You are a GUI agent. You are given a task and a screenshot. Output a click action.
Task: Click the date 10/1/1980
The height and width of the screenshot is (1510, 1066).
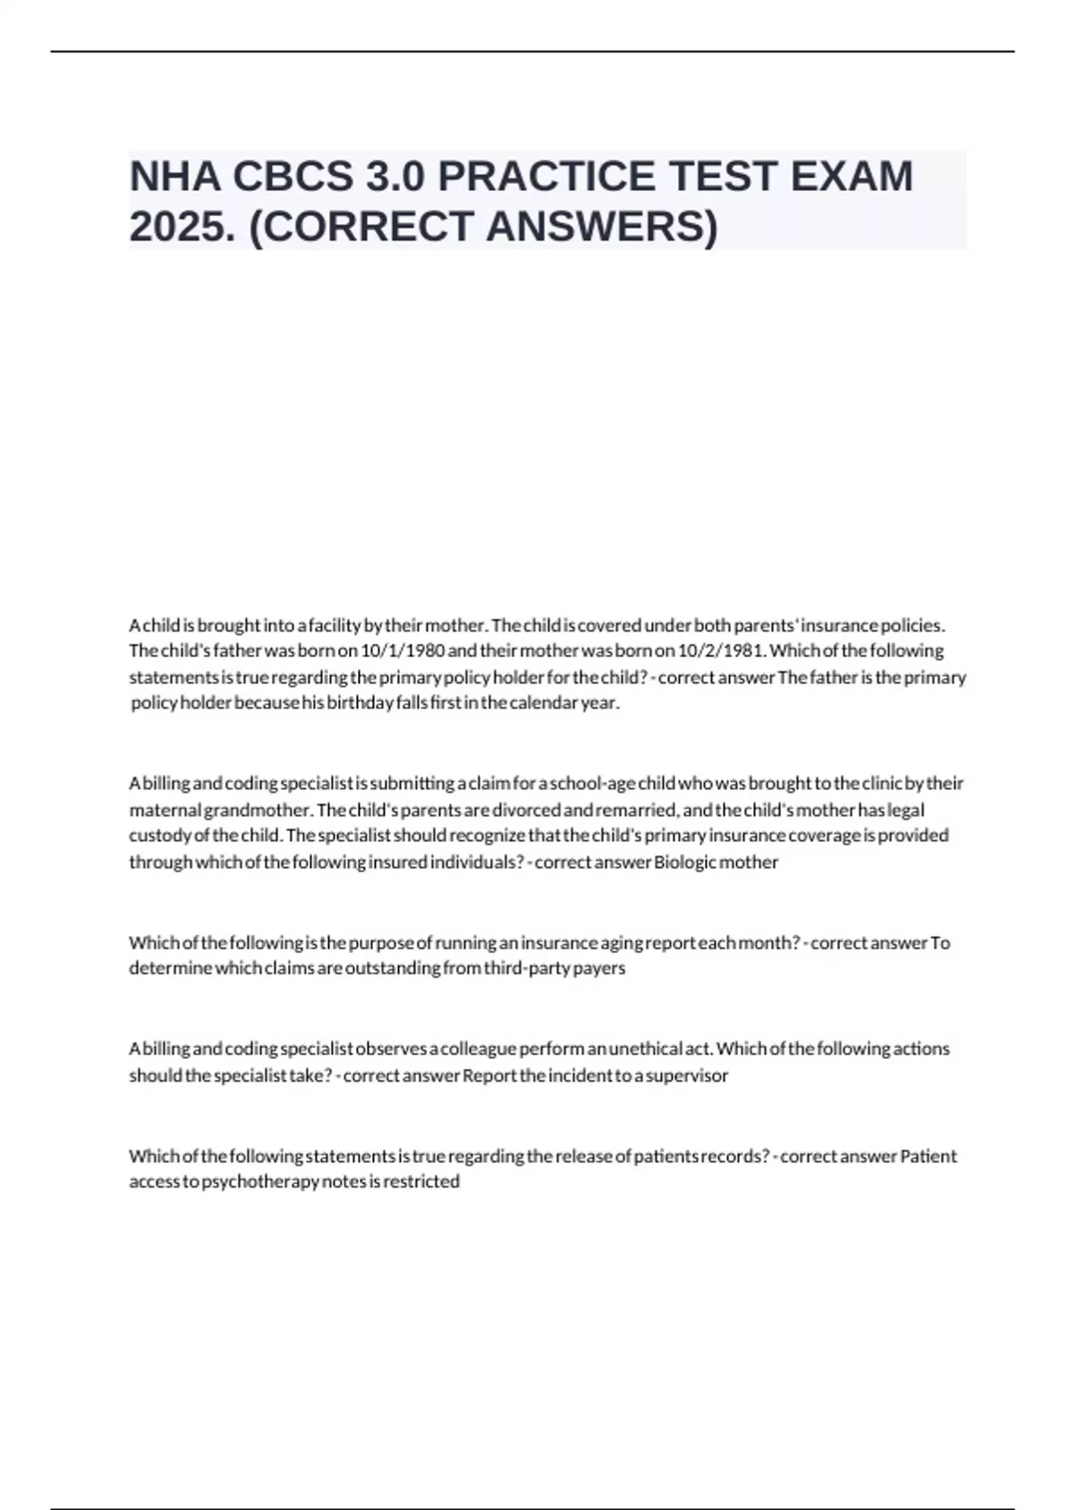pos(403,650)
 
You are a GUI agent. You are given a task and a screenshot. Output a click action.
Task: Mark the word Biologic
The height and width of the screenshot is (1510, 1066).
pos(685,862)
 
